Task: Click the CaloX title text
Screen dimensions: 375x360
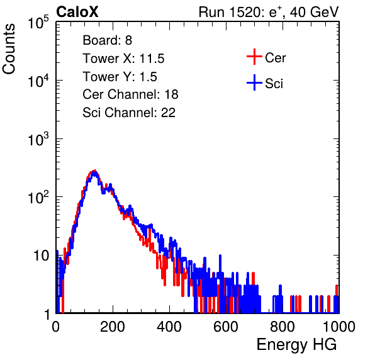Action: [77, 12]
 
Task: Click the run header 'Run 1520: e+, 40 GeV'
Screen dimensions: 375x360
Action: [269, 12]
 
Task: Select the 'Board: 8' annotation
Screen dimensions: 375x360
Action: [107, 40]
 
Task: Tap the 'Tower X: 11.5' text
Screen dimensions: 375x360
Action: [123, 59]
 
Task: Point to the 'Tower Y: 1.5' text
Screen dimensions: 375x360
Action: [120, 77]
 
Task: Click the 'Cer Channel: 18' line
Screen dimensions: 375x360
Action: [130, 94]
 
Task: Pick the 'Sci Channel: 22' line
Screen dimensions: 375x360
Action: [129, 113]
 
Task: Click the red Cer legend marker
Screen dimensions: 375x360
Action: [254, 57]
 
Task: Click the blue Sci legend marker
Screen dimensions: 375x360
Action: [254, 82]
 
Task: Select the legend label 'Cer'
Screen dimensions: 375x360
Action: [275, 58]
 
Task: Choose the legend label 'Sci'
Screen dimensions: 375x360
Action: [274, 84]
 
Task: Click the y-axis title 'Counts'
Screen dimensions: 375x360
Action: [9, 49]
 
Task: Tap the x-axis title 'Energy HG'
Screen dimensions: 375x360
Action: [296, 345]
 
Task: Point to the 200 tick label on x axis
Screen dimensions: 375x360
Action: [113, 327]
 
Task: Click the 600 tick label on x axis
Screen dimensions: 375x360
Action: [226, 327]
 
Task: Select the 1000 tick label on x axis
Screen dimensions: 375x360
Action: [339, 327]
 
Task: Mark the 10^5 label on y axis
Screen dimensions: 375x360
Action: [38, 23]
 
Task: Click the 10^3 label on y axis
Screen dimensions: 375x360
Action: [38, 139]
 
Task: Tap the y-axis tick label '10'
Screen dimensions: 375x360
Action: [42, 256]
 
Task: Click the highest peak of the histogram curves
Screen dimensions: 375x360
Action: [95, 171]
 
